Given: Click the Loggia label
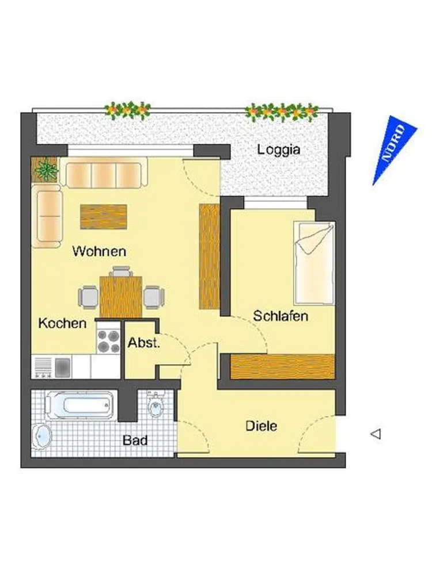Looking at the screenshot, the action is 278,149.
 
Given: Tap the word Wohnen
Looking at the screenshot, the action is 99,251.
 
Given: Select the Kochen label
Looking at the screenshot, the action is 62,323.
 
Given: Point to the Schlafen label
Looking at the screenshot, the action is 281,316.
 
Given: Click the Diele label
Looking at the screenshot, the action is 261,425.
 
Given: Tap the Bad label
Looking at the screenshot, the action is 135,440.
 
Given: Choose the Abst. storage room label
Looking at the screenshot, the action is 143,343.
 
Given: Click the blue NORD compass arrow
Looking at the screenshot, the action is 393,147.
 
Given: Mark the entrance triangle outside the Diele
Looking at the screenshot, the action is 376,434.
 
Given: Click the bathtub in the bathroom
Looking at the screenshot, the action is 79,405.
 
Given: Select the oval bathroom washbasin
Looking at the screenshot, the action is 41,436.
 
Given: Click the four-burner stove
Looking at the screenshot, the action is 108,342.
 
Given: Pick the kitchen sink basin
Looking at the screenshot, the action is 63,367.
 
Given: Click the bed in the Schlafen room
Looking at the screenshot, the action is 314,263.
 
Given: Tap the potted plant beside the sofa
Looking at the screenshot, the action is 46,170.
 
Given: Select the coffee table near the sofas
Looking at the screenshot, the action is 104,217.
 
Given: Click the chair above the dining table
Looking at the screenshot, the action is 121,272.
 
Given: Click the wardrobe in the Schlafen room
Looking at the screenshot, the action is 282,366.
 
